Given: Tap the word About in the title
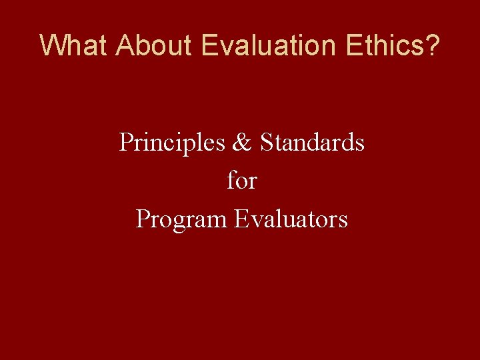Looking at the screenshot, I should coord(154,45).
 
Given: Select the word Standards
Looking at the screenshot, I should coord(312,142).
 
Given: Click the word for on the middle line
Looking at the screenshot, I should coord(241,180).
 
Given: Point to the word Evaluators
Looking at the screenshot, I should coord(291,219).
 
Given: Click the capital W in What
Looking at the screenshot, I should coord(52,45).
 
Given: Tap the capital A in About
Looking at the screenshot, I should coord(124,45).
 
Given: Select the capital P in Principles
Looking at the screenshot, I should coord(125,142).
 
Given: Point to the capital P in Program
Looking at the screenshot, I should coord(142,219).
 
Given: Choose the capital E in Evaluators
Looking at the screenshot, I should coord(241,219).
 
